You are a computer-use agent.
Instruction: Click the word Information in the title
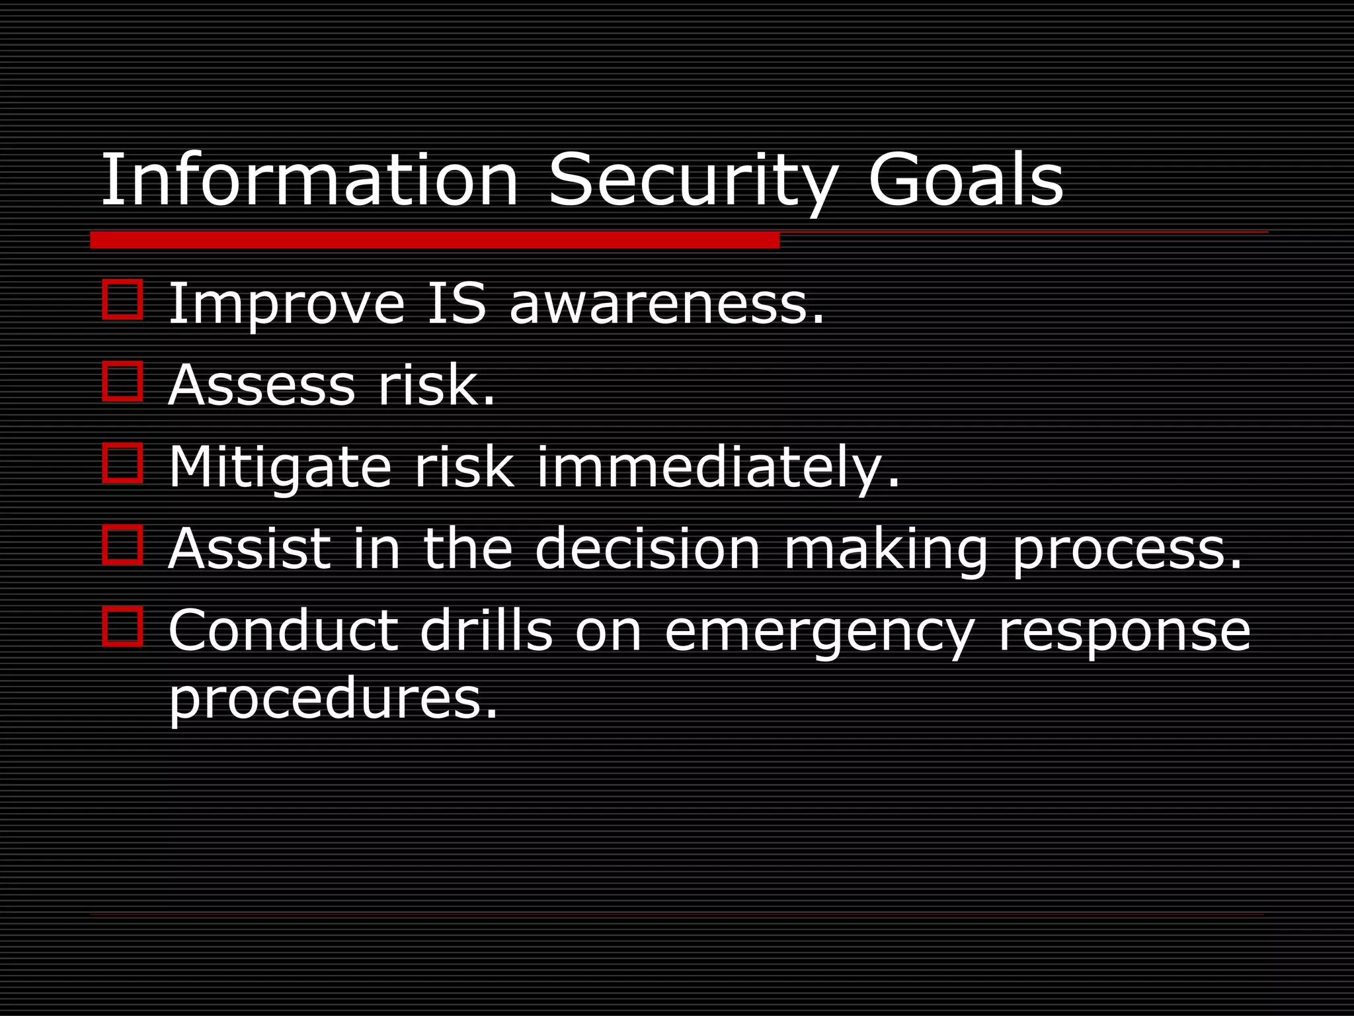[x=309, y=180]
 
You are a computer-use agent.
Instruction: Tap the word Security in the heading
[x=693, y=180]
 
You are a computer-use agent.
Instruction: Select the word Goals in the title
[x=965, y=180]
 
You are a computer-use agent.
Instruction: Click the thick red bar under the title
[x=434, y=240]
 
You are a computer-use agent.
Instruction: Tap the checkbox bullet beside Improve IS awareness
[x=123, y=300]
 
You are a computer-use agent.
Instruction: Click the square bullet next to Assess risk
[x=123, y=381]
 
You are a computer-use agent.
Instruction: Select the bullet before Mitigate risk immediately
[x=123, y=462]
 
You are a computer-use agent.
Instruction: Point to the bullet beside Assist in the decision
[x=123, y=544]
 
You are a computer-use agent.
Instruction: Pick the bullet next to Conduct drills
[x=123, y=626]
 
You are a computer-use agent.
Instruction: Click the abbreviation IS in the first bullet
[x=457, y=304]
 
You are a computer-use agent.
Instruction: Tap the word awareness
[x=666, y=305]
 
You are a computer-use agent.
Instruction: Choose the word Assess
[x=262, y=385]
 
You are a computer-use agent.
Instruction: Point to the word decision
[x=648, y=548]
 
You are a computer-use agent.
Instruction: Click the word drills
[x=486, y=630]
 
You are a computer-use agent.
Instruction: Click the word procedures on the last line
[x=333, y=700]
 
